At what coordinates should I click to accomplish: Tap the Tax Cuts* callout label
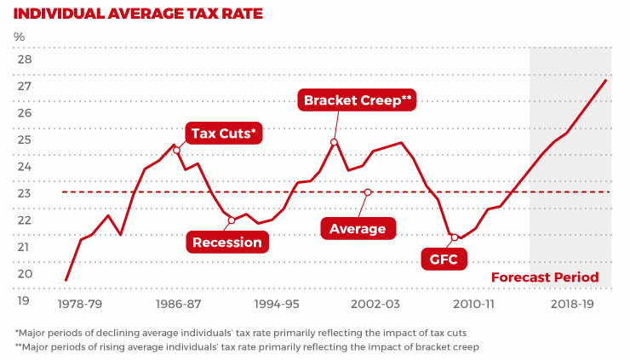[x=224, y=134]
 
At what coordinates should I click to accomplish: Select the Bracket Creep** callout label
[x=358, y=100]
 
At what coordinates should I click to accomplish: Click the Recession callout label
[x=227, y=242]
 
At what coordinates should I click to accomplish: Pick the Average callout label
[x=358, y=228]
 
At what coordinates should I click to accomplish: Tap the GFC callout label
[x=444, y=258]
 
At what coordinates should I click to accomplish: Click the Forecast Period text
[x=545, y=277]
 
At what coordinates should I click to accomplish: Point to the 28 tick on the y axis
[x=24, y=60]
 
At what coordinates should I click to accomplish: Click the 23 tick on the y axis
[x=24, y=193]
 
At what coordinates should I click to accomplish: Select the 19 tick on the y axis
[x=24, y=300]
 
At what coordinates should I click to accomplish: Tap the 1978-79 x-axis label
[x=78, y=303]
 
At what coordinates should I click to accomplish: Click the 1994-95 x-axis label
[x=277, y=303]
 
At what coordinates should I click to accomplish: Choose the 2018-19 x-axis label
[x=572, y=303]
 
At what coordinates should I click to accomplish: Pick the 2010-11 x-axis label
[x=473, y=303]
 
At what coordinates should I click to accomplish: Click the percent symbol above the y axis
[x=20, y=37]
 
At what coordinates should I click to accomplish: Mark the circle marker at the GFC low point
[x=455, y=237]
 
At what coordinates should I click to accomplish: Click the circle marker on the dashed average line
[x=368, y=192]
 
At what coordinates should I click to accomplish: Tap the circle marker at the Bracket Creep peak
[x=335, y=142]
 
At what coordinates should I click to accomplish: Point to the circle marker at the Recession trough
[x=232, y=220]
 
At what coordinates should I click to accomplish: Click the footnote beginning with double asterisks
[x=247, y=347]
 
